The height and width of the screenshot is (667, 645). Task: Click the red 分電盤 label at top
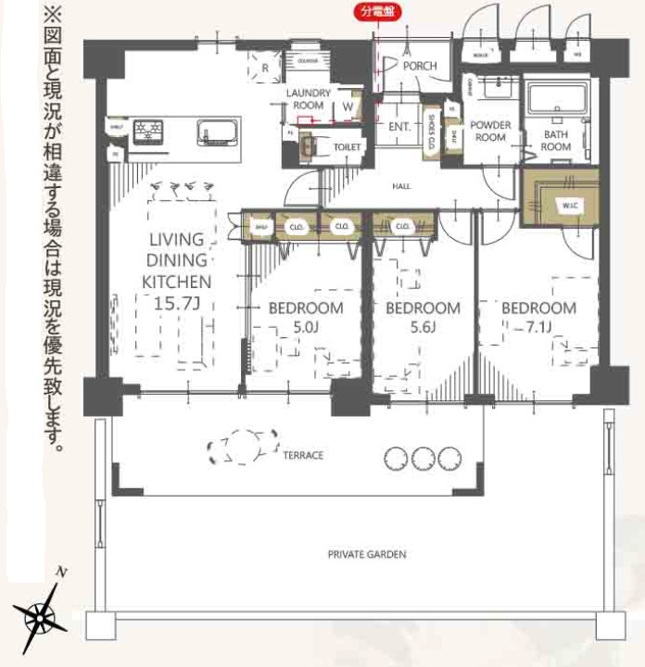click(375, 13)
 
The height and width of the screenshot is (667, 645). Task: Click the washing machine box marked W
click(347, 107)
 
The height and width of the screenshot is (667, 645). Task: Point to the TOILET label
click(347, 146)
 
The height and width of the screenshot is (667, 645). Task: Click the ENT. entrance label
click(399, 126)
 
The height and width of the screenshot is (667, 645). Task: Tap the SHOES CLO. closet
click(432, 134)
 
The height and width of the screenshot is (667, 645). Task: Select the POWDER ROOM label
click(490, 132)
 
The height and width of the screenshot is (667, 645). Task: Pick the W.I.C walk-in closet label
click(565, 204)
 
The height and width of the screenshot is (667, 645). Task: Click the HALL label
click(401, 186)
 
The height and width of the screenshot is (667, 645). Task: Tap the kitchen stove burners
click(148, 131)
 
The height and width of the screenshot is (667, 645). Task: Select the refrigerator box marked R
click(265, 68)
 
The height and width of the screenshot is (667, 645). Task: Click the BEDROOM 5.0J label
click(306, 317)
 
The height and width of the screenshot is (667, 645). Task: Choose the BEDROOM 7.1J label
click(538, 317)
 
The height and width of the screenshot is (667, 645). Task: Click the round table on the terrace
click(244, 447)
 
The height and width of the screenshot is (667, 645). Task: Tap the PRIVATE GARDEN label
click(367, 554)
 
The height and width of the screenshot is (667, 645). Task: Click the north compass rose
click(39, 614)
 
